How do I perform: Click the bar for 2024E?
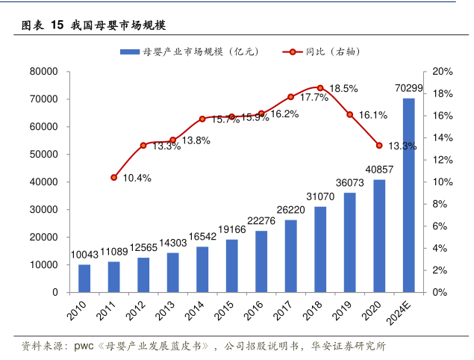coord(408,195)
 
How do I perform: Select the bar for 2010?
coord(84,279)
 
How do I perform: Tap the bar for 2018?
coord(320,249)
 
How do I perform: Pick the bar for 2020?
coord(379,236)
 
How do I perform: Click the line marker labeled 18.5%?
coord(320,88)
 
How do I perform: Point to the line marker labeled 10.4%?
coord(113,178)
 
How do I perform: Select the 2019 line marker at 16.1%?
coord(349,114)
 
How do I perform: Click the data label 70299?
coord(408,89)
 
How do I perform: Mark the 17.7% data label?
coord(314,98)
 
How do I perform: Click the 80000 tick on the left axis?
coord(44,72)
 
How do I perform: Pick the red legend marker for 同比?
coord(293,52)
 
